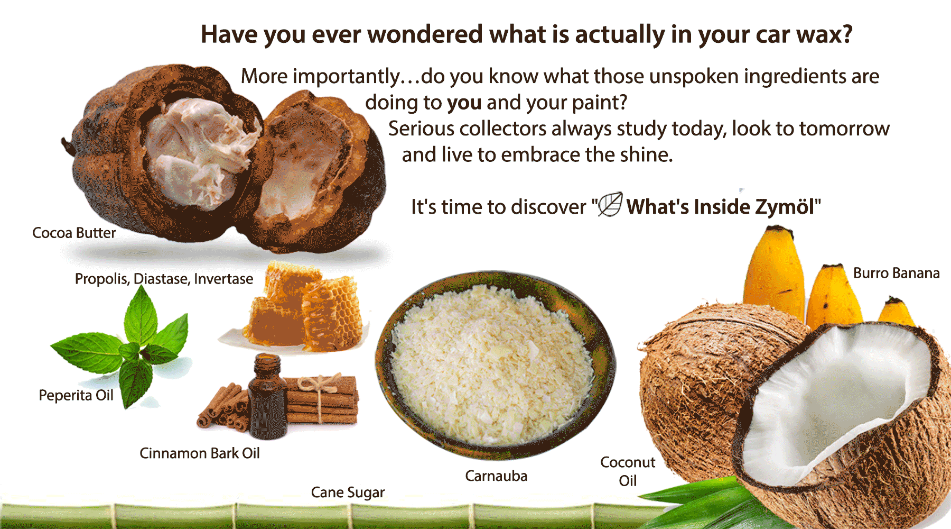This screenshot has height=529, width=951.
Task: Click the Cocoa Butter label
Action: click(74, 233)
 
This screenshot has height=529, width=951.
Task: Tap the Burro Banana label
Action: click(897, 273)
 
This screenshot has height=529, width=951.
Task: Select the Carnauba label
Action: click(496, 476)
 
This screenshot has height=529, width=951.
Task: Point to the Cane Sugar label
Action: click(348, 492)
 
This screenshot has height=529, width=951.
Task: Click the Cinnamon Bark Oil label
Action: click(200, 453)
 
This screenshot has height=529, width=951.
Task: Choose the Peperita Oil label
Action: click(76, 396)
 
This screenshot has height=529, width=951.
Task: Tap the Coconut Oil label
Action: click(628, 471)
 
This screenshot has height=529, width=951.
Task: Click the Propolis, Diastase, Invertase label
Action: click(164, 279)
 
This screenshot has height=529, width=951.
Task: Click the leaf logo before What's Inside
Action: click(610, 204)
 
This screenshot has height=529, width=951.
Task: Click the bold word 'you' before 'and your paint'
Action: click(464, 103)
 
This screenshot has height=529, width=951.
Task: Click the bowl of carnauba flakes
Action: click(496, 366)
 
